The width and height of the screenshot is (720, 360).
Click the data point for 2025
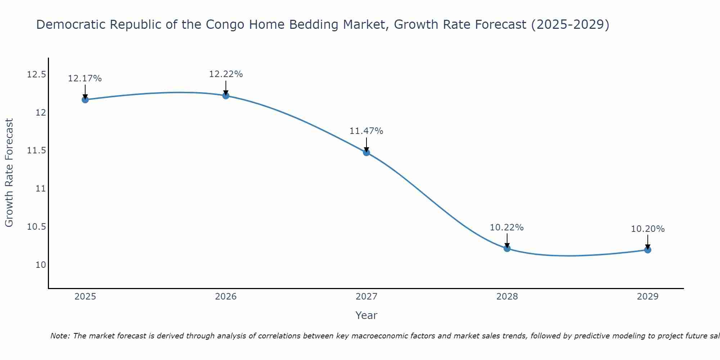pos(85,100)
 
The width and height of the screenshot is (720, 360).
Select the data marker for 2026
pos(226,96)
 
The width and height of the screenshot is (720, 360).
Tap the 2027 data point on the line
pos(366,153)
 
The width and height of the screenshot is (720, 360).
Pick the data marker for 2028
pos(507,248)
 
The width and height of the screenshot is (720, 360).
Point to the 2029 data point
pos(648,250)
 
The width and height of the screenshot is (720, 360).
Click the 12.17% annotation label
pos(85,78)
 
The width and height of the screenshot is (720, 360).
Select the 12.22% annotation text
pos(226,74)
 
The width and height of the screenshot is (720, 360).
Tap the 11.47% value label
pos(366,131)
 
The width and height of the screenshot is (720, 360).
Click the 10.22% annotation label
pos(507,228)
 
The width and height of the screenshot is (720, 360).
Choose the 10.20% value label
pos(648,229)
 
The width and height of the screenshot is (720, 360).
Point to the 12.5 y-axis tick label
pos(37,75)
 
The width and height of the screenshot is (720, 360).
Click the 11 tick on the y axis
pos(41,189)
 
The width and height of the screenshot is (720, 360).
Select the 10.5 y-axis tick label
pos(37,227)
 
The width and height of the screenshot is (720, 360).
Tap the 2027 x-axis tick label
pos(366,297)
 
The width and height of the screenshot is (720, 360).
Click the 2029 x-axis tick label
pos(648,297)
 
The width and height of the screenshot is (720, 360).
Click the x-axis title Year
pos(366,315)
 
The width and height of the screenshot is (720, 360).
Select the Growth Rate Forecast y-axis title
pos(9,173)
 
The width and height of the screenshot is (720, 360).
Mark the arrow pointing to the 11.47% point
pos(366,145)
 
